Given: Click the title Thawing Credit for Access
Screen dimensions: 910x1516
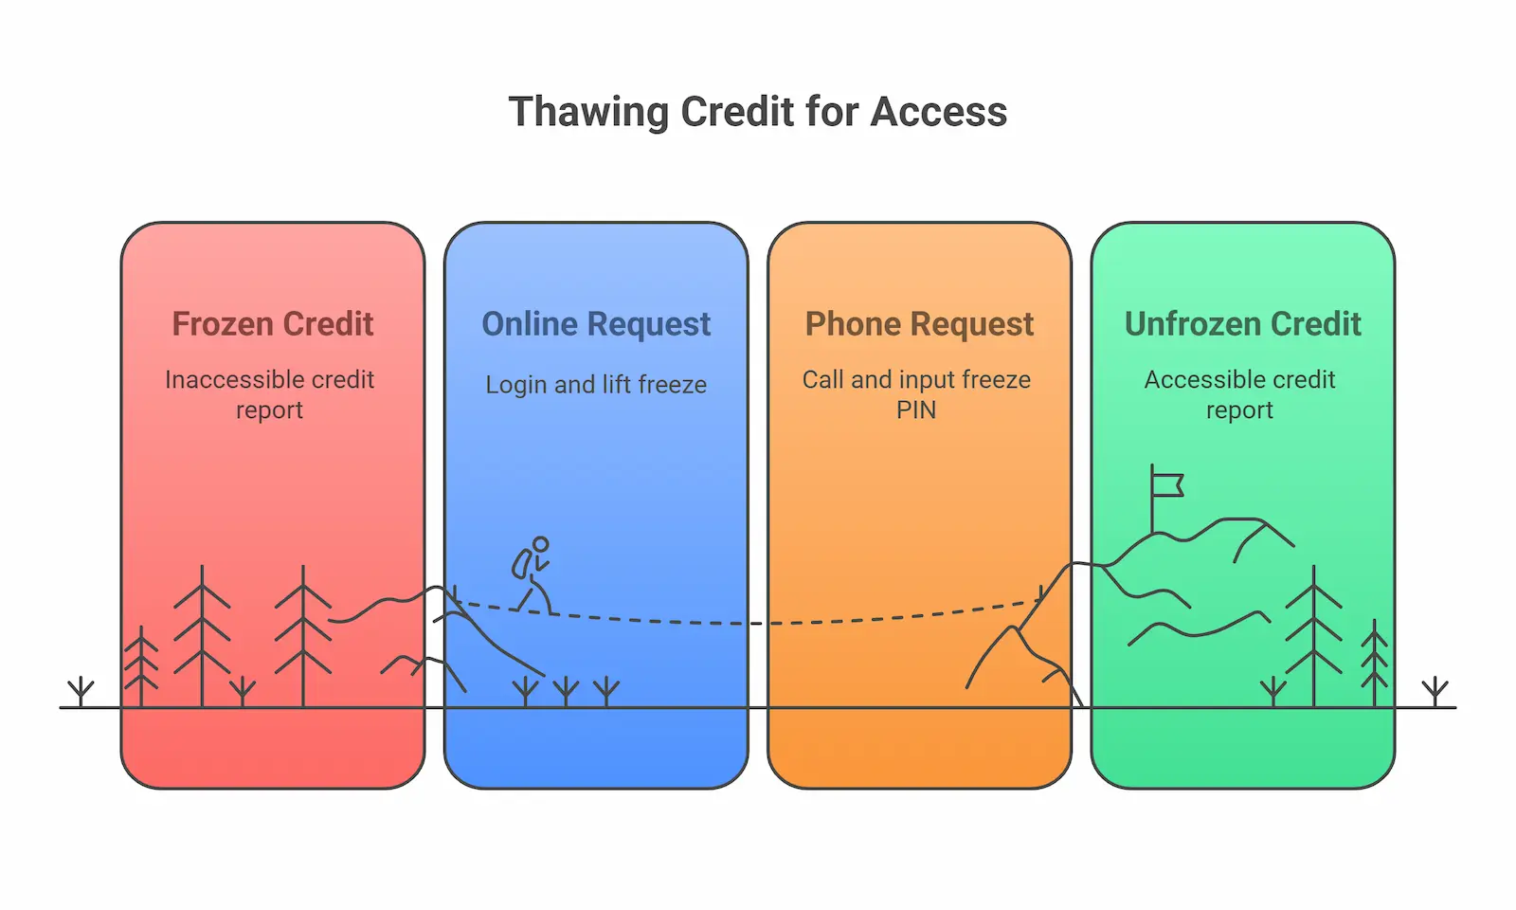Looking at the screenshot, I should (x=757, y=112).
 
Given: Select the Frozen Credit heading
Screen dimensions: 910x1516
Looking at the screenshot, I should (x=273, y=324).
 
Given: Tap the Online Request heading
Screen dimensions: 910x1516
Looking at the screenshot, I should (x=596, y=324).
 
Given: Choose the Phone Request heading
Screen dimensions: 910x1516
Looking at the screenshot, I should (x=919, y=324).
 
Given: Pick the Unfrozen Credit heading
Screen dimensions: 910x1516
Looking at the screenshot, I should (x=1242, y=324).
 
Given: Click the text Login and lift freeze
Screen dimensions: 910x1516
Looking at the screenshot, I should (x=596, y=385).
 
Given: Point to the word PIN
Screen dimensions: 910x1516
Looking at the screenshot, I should (x=916, y=410).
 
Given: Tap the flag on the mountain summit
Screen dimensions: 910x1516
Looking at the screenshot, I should (x=1168, y=485).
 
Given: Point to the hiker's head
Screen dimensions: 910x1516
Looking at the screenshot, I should (x=540, y=545).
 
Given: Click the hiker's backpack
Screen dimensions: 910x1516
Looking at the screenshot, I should (x=521, y=564).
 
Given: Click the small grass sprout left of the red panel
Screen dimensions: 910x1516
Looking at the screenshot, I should (x=81, y=690).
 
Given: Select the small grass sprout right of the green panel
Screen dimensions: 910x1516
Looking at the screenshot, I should (x=1435, y=690).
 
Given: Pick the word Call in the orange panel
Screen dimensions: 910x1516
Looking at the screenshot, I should (x=822, y=380).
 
